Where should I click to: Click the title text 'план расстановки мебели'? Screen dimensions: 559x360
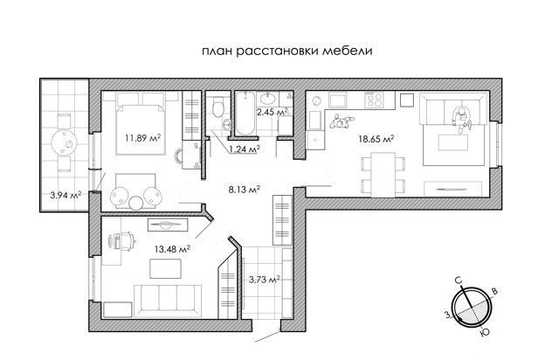click(287, 51)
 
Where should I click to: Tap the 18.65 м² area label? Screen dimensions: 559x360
click(376, 139)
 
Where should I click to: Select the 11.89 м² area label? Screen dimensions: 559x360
click(142, 137)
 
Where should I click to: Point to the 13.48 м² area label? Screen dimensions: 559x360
click(172, 249)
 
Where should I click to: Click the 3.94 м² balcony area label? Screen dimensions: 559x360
click(66, 195)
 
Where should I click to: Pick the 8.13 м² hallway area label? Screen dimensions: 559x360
click(244, 189)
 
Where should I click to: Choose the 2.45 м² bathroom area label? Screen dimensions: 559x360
click(273, 112)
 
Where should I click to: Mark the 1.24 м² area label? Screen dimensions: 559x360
click(244, 149)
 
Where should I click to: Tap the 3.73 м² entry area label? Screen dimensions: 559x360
click(264, 280)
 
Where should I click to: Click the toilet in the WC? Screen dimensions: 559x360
click(217, 106)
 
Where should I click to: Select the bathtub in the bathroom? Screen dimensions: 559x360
click(245, 113)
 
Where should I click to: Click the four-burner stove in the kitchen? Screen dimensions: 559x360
click(375, 100)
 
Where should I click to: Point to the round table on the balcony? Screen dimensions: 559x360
click(64, 143)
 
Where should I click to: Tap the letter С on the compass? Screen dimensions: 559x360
click(459, 280)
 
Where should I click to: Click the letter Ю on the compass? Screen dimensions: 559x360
click(485, 333)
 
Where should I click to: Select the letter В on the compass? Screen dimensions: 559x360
click(495, 291)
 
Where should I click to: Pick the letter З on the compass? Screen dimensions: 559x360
click(446, 315)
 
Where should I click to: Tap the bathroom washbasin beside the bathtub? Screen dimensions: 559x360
click(267, 98)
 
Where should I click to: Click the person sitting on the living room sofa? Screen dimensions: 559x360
click(462, 120)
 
